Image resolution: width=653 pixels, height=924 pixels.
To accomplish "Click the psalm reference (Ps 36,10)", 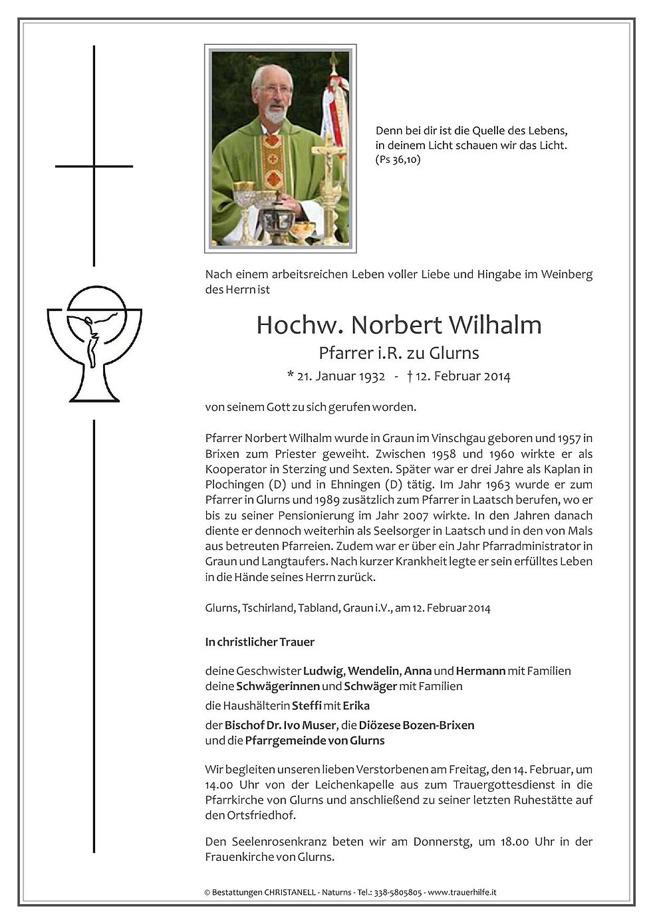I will coord(398,160).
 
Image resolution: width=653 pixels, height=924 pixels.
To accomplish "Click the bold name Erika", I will coord(356,705).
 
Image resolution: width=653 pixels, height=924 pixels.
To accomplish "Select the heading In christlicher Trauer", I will coord(259,641).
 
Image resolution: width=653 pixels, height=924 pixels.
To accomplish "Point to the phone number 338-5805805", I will coord(397,892).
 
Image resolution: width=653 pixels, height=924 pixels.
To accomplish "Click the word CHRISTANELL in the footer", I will coord(289,892).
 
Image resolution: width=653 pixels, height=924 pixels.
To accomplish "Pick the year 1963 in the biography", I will coord(498,485).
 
